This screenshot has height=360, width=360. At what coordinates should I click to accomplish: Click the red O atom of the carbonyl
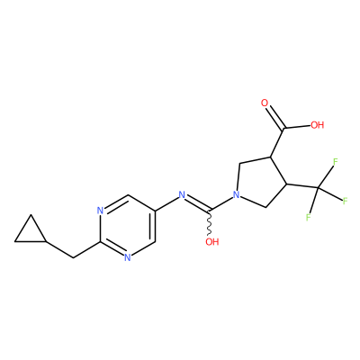(265, 103)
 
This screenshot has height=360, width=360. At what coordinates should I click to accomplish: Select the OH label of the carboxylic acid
(318, 124)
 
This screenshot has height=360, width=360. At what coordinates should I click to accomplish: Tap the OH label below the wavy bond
(212, 241)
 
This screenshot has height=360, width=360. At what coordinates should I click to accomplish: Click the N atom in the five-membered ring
(237, 195)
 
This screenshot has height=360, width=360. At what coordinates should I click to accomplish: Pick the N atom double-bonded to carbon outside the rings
(182, 195)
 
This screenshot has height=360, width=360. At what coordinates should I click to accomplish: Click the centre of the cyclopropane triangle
(31, 232)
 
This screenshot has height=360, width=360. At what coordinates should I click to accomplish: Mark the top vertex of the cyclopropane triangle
(31, 214)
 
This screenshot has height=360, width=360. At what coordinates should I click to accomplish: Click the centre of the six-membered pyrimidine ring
(128, 226)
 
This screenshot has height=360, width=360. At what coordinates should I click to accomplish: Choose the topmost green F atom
(336, 161)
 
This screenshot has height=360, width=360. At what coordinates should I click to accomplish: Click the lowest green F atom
(308, 217)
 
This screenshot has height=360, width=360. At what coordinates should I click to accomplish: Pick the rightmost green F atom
(345, 201)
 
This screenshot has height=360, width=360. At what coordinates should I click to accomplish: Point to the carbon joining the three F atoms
(319, 188)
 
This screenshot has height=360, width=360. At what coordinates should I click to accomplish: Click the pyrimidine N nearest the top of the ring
(100, 210)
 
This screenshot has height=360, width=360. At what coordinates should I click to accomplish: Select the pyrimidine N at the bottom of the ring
(128, 257)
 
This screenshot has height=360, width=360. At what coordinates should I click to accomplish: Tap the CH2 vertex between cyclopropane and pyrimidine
(73, 257)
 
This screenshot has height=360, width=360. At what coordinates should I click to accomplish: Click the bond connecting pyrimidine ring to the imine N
(166, 202)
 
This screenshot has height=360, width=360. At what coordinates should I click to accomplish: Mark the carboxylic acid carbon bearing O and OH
(283, 129)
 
